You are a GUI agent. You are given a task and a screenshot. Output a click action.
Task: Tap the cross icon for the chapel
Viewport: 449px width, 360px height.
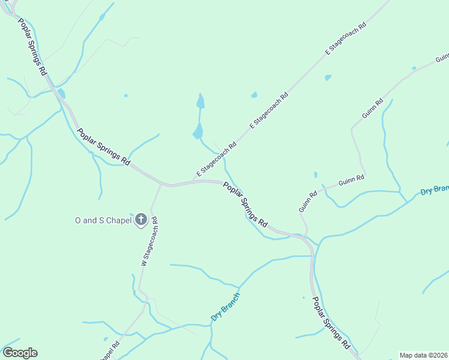(141, 220)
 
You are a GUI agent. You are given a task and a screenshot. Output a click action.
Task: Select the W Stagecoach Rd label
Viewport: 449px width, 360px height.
(149, 241)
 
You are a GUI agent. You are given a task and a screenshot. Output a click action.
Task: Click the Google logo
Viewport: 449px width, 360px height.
(20, 353)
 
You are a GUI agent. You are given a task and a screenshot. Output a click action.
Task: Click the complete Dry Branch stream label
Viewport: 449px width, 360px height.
(226, 306)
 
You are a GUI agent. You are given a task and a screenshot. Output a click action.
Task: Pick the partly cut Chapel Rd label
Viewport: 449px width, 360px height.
(109, 349)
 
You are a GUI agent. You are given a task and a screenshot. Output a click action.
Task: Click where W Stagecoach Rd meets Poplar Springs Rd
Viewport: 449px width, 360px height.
(161, 185)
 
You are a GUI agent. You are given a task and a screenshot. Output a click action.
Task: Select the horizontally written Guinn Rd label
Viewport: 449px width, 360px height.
(351, 179)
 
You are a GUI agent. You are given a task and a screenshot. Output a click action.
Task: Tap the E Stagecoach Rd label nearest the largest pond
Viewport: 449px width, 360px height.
(216, 159)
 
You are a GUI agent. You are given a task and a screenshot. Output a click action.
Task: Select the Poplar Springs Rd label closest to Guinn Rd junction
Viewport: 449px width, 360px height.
(245, 204)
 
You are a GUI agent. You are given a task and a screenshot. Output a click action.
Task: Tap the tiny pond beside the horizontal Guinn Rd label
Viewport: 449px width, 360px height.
(315, 175)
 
